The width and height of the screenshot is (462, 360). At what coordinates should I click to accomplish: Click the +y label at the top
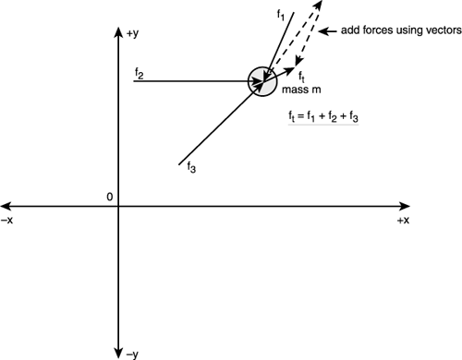coord(134,34)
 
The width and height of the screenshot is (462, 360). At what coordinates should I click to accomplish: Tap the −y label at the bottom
coord(133,353)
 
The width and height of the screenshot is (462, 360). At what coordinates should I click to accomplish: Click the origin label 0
coord(109,197)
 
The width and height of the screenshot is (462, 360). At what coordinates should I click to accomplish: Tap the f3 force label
coord(190,167)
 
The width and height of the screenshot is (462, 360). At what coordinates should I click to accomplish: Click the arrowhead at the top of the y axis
coord(118,33)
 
